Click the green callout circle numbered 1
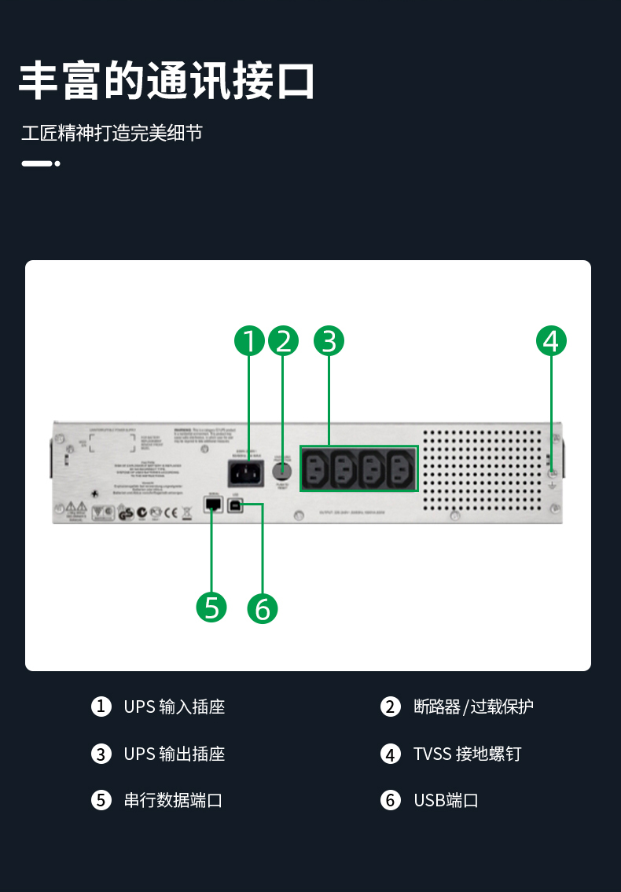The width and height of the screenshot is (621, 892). click(x=249, y=341)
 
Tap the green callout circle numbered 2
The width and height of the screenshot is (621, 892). click(x=284, y=341)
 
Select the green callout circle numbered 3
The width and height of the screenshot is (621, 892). click(x=329, y=341)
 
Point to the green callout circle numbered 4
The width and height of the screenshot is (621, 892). click(x=551, y=341)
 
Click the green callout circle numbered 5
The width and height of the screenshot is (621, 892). click(x=211, y=607)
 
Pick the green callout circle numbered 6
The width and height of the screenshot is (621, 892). click(x=263, y=609)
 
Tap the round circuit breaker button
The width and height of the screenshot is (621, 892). click(x=282, y=472)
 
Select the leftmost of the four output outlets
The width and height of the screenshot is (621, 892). click(x=316, y=469)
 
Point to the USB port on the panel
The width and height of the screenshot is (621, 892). click(x=237, y=505)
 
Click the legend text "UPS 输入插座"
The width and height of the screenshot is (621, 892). click(x=175, y=707)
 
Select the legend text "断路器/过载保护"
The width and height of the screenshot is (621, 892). click(x=473, y=707)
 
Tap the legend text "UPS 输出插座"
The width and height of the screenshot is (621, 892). click(x=175, y=754)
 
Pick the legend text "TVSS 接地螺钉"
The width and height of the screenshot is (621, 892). click(x=467, y=754)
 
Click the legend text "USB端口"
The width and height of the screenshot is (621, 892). click(x=446, y=800)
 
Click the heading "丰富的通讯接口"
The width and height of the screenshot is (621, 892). click(x=167, y=80)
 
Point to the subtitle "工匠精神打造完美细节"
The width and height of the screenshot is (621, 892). click(x=112, y=133)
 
